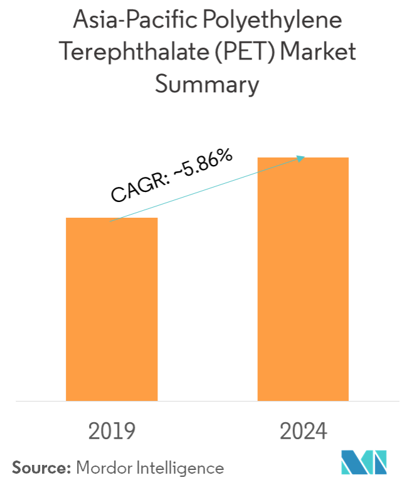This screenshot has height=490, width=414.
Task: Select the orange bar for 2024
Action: point(303,279)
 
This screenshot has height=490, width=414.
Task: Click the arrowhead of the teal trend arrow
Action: point(302,157)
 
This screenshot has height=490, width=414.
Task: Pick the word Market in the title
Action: point(319,53)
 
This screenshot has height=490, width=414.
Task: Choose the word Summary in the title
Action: point(207,83)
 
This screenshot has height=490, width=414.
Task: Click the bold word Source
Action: point(40,467)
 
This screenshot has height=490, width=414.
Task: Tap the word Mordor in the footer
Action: point(100,467)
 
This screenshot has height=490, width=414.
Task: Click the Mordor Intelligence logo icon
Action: point(364,462)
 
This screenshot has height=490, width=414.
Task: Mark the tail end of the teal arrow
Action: point(112,221)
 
